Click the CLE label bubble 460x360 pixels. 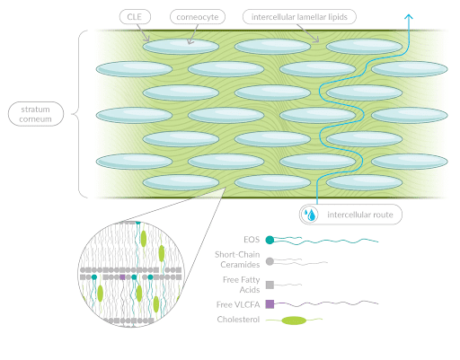[x=135, y=17]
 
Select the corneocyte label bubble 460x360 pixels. [x=198, y=17]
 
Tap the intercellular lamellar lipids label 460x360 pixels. [x=299, y=17]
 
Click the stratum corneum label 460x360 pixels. [x=36, y=114]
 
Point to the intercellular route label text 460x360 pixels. [x=360, y=215]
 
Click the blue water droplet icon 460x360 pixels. [x=310, y=215]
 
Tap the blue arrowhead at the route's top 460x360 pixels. [x=409, y=16]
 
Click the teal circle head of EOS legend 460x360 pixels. [x=270, y=240]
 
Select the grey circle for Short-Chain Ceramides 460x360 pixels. [x=270, y=261]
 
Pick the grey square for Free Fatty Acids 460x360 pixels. [x=270, y=285]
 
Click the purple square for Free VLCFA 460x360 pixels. [x=270, y=304]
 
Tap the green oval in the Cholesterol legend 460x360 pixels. [x=294, y=320]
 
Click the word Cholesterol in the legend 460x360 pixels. [x=238, y=320]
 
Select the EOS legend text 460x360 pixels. [x=252, y=240]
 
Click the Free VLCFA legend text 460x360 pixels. [x=238, y=304]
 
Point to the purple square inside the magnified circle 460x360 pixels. [x=122, y=277]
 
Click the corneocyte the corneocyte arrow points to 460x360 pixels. [x=181, y=47]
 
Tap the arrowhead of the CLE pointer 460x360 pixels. [x=146, y=40]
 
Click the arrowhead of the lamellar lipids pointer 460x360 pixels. [x=316, y=40]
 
